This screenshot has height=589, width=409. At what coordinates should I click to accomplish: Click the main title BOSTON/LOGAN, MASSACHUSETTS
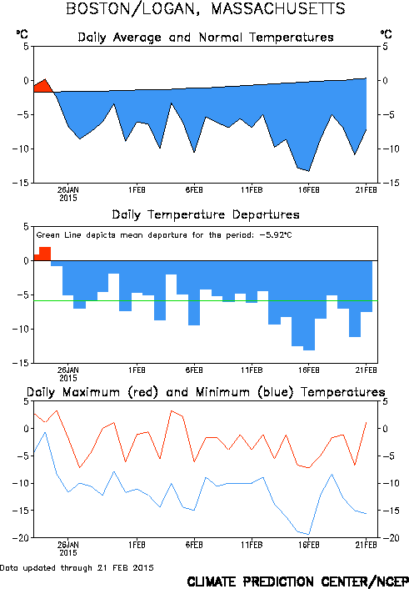tap(205, 8)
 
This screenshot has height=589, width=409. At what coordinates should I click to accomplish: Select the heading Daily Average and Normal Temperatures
tap(206, 38)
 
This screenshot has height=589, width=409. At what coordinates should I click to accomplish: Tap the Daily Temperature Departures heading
tap(206, 215)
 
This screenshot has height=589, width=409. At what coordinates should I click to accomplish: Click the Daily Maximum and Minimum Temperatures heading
tap(206, 392)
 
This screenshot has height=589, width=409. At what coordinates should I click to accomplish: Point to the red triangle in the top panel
tap(43, 87)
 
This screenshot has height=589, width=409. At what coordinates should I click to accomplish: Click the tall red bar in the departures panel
tap(45, 254)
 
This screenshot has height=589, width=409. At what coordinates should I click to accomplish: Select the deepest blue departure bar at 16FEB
tap(309, 305)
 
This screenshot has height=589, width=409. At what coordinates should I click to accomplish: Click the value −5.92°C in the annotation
tap(276, 235)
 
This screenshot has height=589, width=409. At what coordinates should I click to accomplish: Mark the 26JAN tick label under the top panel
tap(68, 190)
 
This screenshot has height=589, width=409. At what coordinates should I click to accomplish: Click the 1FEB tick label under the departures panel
tap(137, 370)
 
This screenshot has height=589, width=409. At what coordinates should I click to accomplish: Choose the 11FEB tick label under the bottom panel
tap(252, 545)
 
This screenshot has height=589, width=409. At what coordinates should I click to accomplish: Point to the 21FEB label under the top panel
tap(367, 190)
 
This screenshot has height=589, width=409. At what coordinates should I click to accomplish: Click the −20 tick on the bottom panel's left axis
tap(21, 538)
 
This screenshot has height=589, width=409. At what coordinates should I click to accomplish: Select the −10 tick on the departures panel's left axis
tap(21, 329)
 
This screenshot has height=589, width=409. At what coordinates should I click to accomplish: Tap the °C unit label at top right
tap(386, 34)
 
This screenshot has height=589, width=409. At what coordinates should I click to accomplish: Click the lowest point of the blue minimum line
tap(309, 534)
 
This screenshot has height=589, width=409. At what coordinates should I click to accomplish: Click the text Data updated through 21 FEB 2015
tap(77, 568)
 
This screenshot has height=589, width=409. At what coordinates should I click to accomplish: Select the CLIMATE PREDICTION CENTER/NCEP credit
tap(298, 581)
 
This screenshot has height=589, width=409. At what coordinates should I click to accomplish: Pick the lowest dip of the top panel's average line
tap(309, 171)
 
